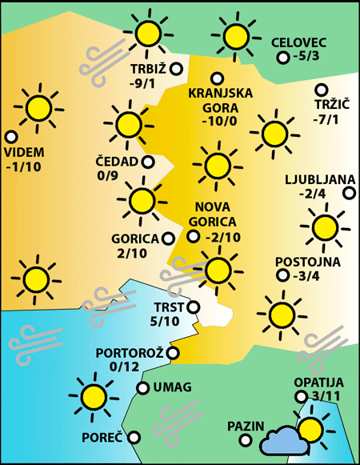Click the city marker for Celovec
click(x=282, y=58)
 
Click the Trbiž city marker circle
click(x=175, y=69)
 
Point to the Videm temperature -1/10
click(x=23, y=167)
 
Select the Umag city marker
click(x=142, y=388)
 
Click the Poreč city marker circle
click(x=134, y=437)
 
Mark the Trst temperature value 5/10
click(x=166, y=321)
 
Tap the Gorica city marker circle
click(x=168, y=238)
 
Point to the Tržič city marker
click(x=322, y=90)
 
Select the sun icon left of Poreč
click(x=92, y=395)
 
